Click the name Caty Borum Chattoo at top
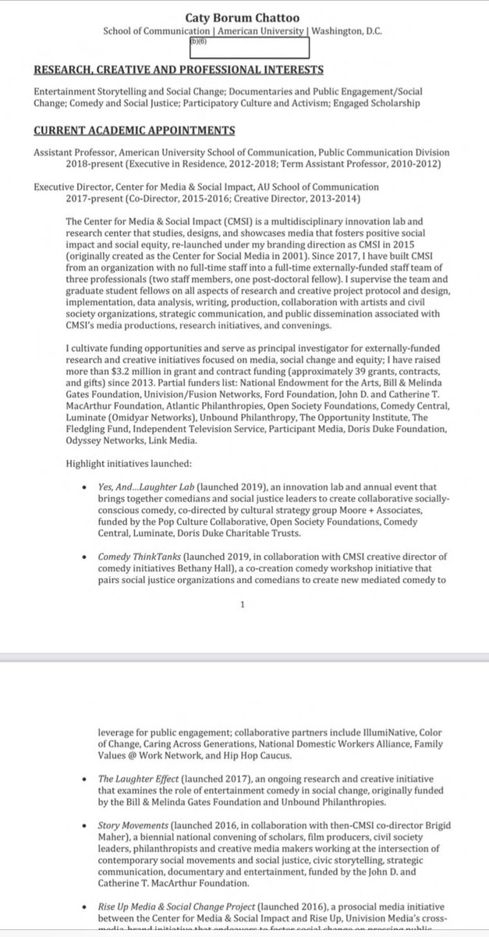click(246, 16)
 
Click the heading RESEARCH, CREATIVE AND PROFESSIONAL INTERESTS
click(189, 73)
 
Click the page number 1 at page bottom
click(244, 604)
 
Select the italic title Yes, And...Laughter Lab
click(152, 486)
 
